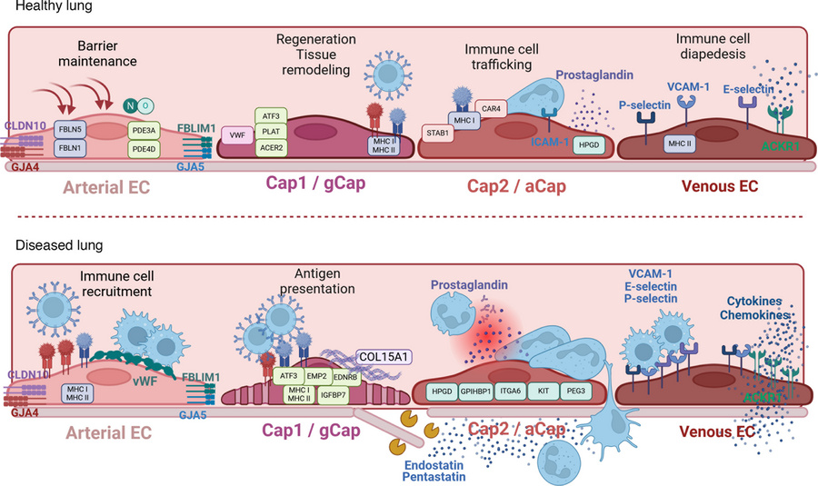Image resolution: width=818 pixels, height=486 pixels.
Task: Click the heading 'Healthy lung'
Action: coord(40,7)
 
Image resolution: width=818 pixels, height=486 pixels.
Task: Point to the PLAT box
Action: coord(269,131)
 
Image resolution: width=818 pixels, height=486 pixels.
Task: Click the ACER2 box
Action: coord(269,149)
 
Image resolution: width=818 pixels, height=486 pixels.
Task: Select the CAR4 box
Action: coord(494,107)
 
